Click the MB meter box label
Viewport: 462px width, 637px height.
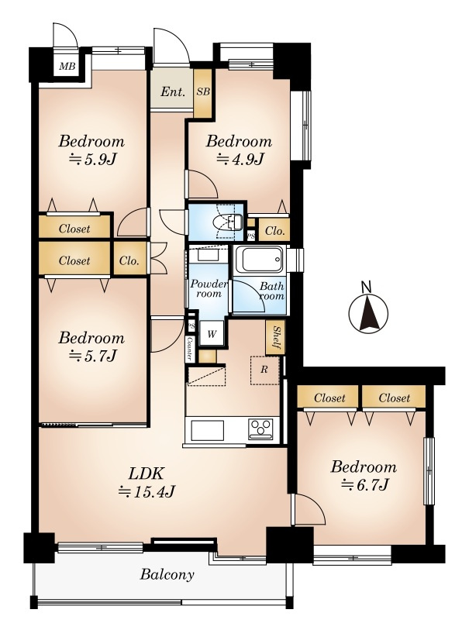point(67,66)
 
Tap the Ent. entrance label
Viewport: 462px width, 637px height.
point(173,91)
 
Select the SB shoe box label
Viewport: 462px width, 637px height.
point(203,91)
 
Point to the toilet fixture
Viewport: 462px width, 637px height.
point(228,222)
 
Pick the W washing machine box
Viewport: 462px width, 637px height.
point(212,334)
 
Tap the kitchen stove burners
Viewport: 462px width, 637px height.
point(260,429)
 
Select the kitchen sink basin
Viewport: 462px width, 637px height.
point(207,430)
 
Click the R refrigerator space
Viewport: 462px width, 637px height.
point(265,370)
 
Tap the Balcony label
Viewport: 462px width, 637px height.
point(167,574)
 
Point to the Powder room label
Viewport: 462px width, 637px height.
point(209,289)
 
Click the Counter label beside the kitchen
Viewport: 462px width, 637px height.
point(189,349)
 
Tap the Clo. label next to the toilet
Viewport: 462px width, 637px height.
point(274,231)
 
